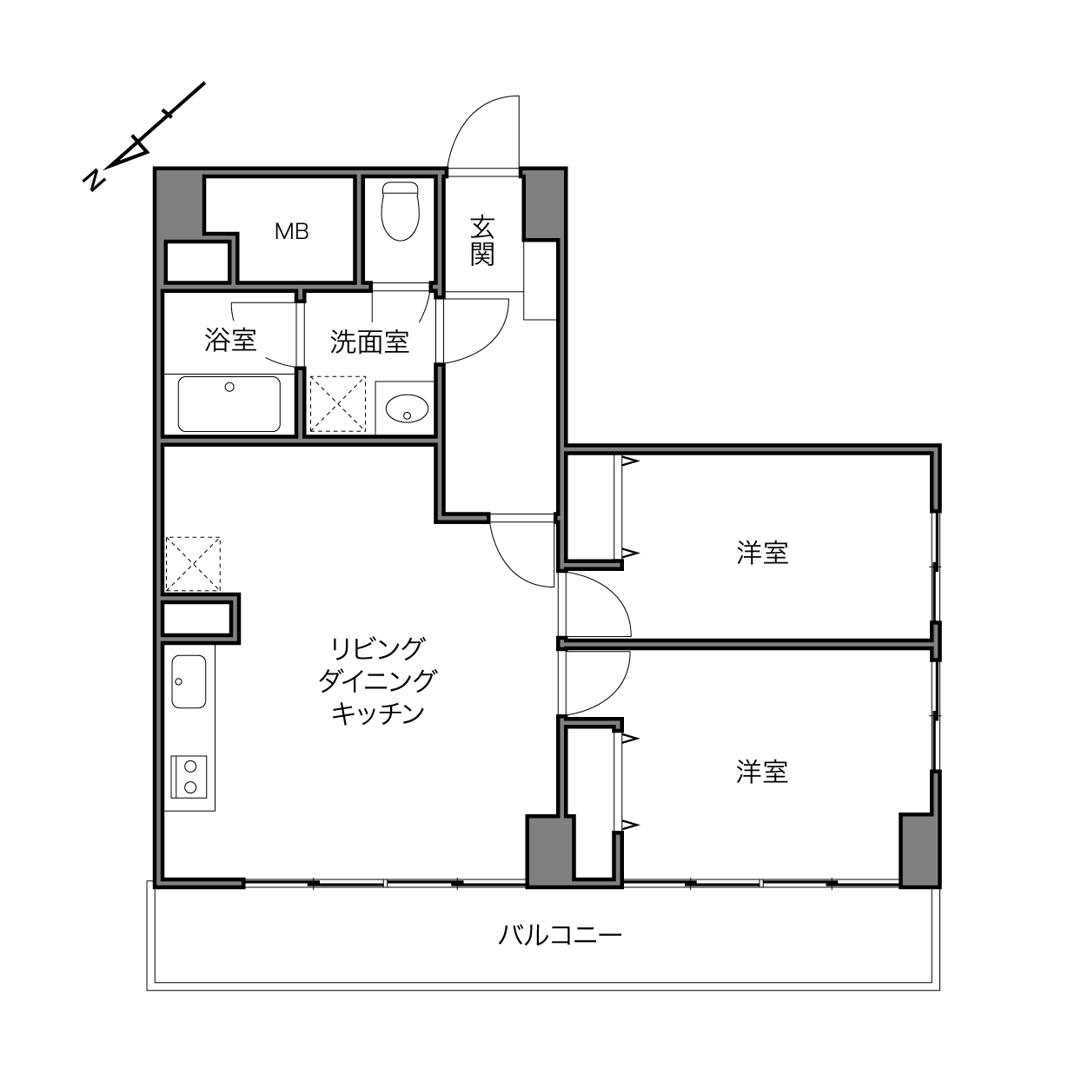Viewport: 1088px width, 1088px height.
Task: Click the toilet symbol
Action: (401, 210)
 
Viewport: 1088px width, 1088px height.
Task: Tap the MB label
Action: (291, 231)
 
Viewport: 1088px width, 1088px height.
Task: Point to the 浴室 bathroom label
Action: (230, 340)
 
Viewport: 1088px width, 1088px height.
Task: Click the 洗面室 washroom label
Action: (369, 342)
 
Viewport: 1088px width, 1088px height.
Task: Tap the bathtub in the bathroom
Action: (229, 404)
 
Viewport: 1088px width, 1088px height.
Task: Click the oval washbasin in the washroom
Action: (407, 408)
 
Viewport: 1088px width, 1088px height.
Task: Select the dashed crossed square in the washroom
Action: (338, 404)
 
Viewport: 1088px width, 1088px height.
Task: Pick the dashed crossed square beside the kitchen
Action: (193, 563)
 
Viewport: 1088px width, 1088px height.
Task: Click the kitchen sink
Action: (189, 681)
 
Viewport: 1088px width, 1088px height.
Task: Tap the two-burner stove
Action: (189, 776)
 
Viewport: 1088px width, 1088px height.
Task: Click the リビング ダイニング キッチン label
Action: (377, 681)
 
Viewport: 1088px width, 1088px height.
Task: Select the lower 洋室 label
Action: (762, 772)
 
